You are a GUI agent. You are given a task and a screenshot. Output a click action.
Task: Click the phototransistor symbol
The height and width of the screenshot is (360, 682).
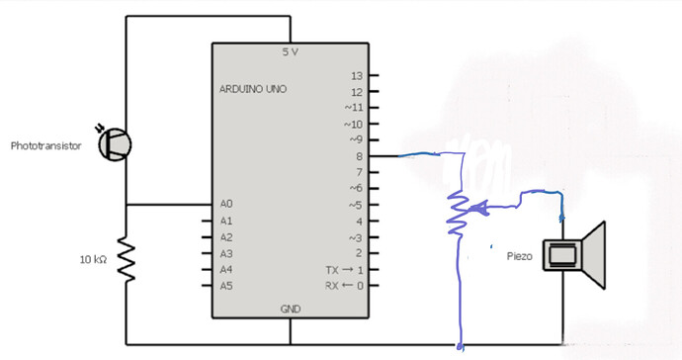coord(116,144)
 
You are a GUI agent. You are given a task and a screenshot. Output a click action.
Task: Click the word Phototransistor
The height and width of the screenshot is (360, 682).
coord(45,145)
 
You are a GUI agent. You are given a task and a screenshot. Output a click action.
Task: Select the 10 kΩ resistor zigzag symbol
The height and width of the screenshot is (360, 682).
coord(126,259)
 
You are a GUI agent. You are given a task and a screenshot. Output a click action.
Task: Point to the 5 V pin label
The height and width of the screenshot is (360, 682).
coord(290,51)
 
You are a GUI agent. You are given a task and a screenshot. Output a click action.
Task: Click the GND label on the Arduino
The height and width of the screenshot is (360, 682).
coord(290,309)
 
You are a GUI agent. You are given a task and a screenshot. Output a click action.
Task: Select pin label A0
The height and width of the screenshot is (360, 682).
coord(226,204)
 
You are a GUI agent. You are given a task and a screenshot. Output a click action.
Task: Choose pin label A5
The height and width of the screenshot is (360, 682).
coord(226,286)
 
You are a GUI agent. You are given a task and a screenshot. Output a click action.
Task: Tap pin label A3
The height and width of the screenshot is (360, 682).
coord(226,253)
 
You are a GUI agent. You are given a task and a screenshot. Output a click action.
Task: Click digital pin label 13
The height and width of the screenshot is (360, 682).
coord(357,75)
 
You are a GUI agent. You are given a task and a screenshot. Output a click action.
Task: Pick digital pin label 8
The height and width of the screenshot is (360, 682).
coord(360,156)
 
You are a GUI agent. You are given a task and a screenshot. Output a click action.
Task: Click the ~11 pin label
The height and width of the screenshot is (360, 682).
coord(354,107)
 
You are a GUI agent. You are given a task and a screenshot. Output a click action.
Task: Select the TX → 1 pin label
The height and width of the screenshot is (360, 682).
coord(345,270)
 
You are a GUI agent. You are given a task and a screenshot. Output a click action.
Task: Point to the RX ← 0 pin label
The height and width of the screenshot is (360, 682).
coord(345,286)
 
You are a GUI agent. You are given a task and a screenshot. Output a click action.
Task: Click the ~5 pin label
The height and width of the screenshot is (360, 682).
coord(356,205)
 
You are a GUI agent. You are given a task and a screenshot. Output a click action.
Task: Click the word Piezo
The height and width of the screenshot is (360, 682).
coord(518,255)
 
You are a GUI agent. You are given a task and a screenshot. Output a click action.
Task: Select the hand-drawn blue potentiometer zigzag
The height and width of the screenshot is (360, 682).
coord(457,208)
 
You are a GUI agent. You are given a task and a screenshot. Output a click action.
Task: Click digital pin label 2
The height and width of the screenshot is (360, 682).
coord(360,253)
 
